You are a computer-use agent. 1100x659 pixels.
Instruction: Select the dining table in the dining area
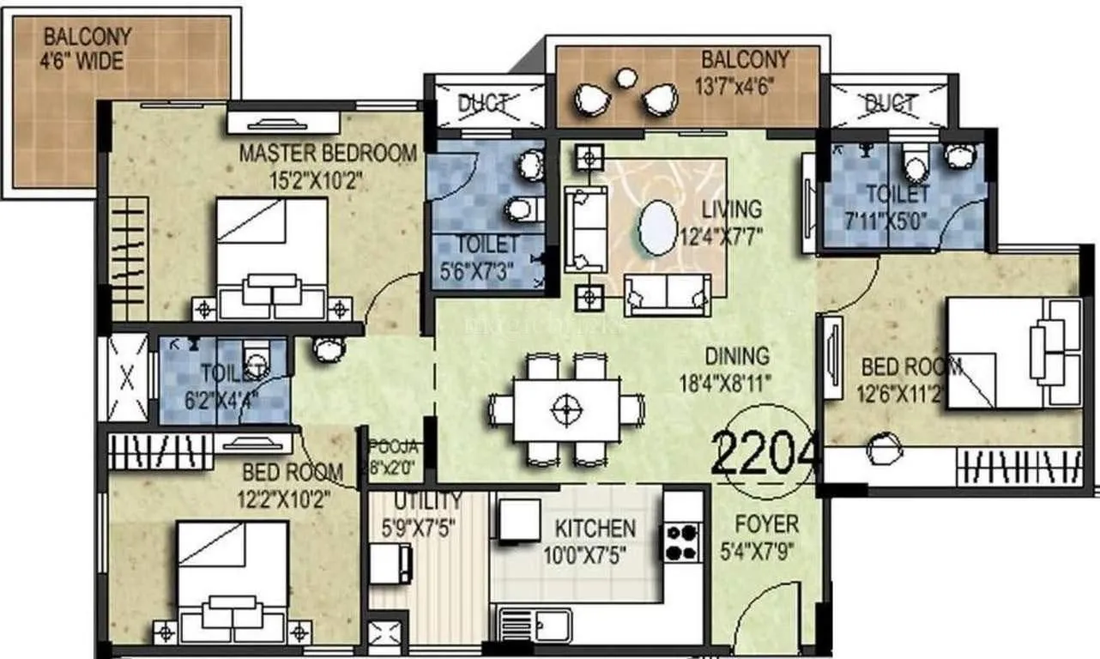[x=565, y=408]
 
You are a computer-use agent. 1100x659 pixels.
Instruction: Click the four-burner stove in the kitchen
[x=683, y=541]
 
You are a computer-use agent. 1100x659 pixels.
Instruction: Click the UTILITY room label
[x=427, y=500]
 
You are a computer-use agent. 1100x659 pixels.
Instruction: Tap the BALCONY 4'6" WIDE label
[x=88, y=50]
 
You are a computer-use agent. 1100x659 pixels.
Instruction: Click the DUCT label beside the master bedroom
[x=482, y=104]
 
